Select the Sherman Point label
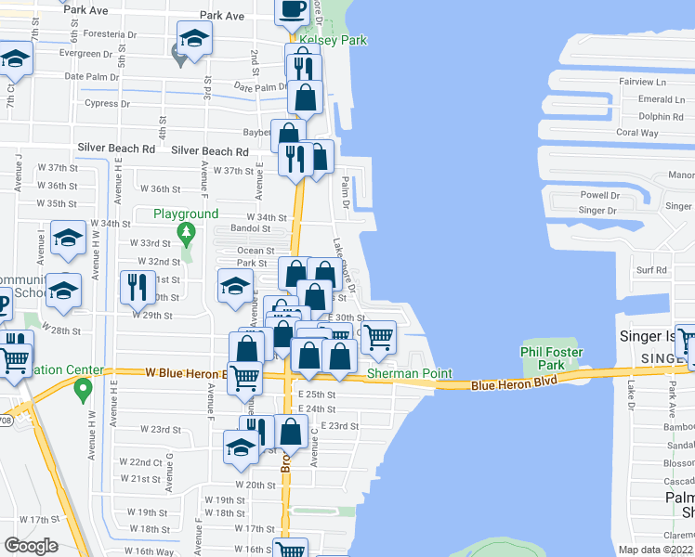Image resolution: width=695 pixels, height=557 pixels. coord(409,374)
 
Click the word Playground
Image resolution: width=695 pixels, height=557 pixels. coord(186,214)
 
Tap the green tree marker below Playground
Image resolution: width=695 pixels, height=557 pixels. coord(187,230)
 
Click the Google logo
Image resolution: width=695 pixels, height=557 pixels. coord(31,545)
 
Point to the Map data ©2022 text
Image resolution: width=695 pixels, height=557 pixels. coord(656,550)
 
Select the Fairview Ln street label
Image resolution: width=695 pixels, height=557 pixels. coord(653,82)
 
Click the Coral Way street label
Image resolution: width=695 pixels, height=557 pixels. coord(637,133)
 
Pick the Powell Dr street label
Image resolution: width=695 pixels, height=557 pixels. coord(599,195)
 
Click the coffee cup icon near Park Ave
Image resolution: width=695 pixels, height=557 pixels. coord(293,10)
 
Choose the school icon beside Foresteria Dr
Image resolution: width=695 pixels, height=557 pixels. coord(194,40)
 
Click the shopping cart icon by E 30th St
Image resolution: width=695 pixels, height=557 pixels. coord(377,338)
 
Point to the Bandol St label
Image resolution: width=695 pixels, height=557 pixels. coord(251,228)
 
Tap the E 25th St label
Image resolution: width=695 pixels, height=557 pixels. coord(318,395)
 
